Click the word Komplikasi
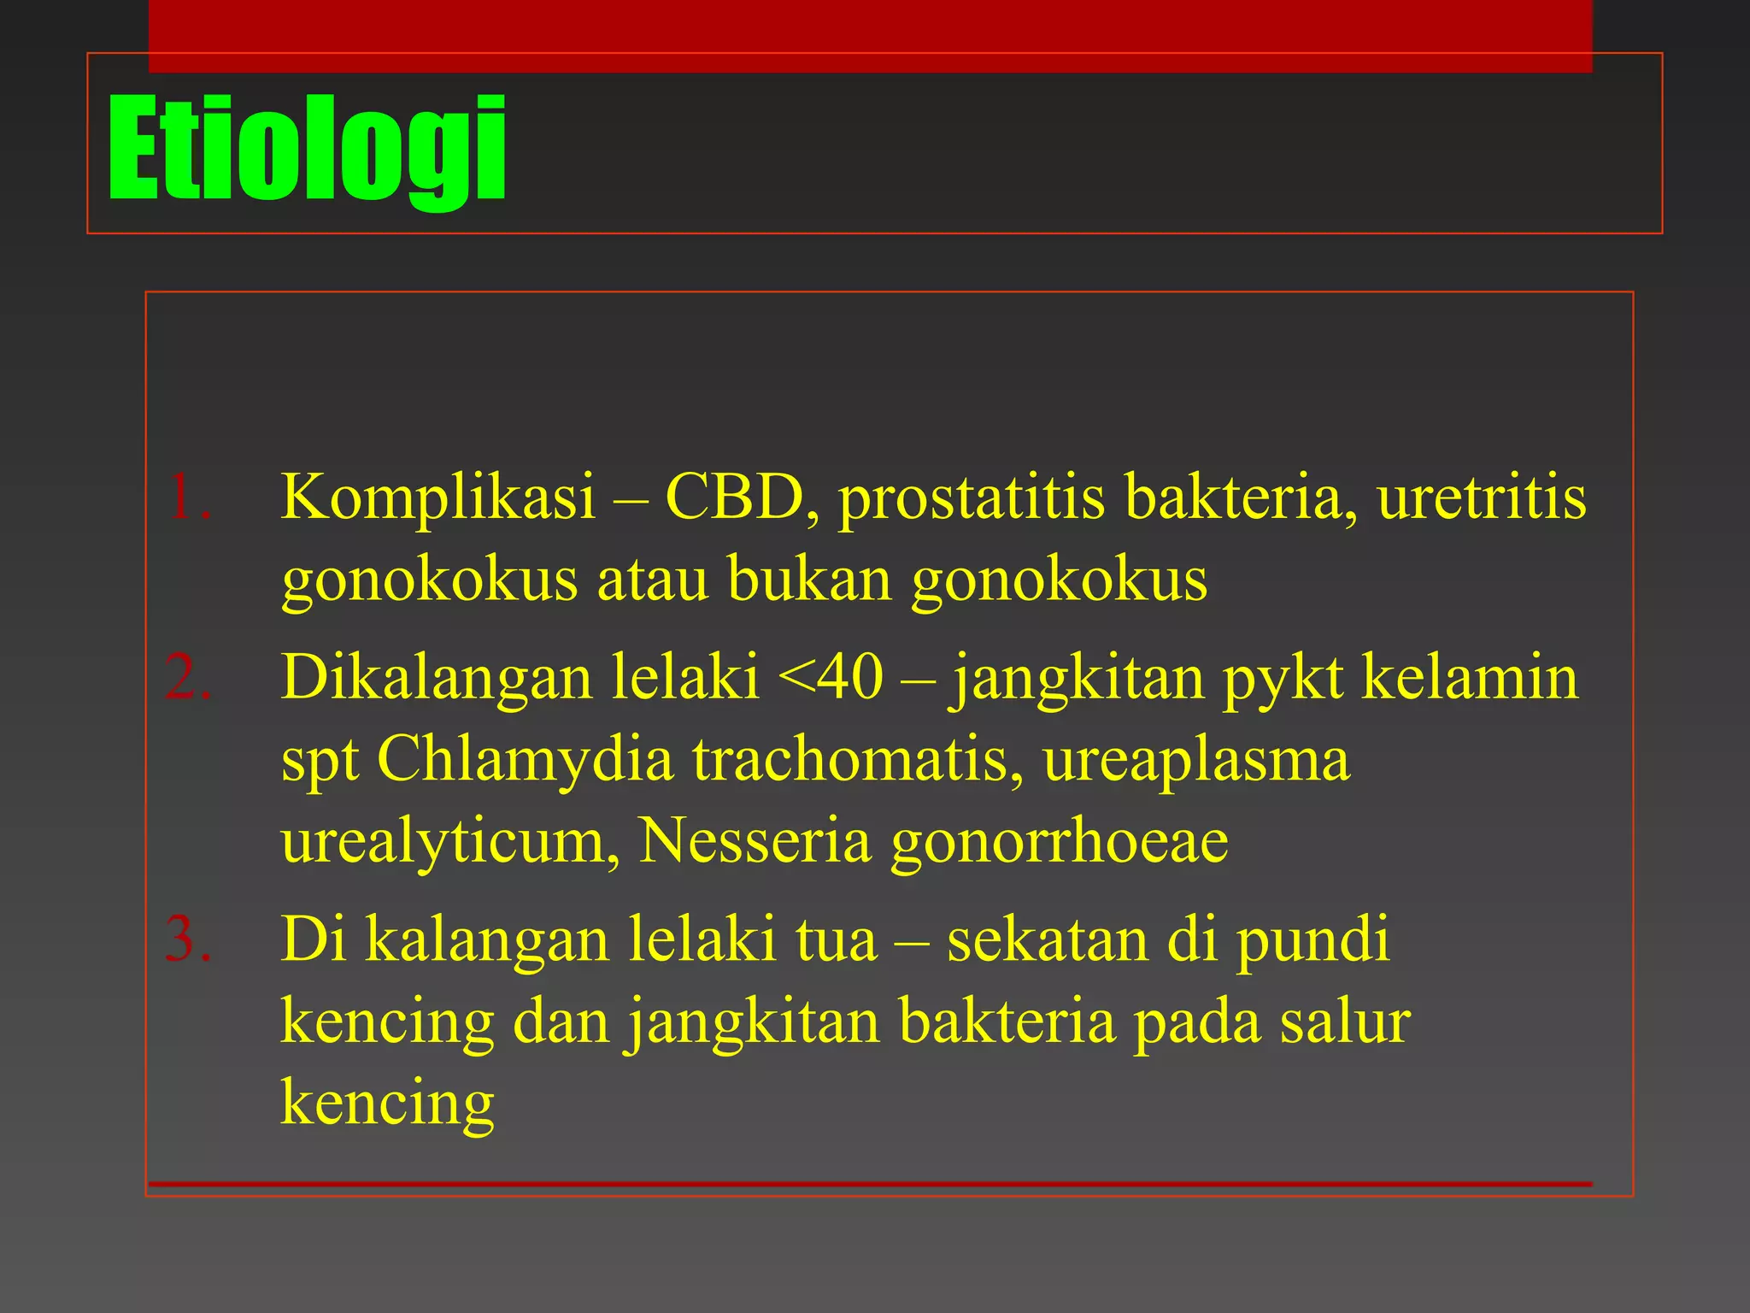[438, 497]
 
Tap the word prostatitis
[972, 498]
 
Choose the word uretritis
[1482, 497]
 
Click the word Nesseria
[755, 841]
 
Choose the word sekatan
[1048, 939]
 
